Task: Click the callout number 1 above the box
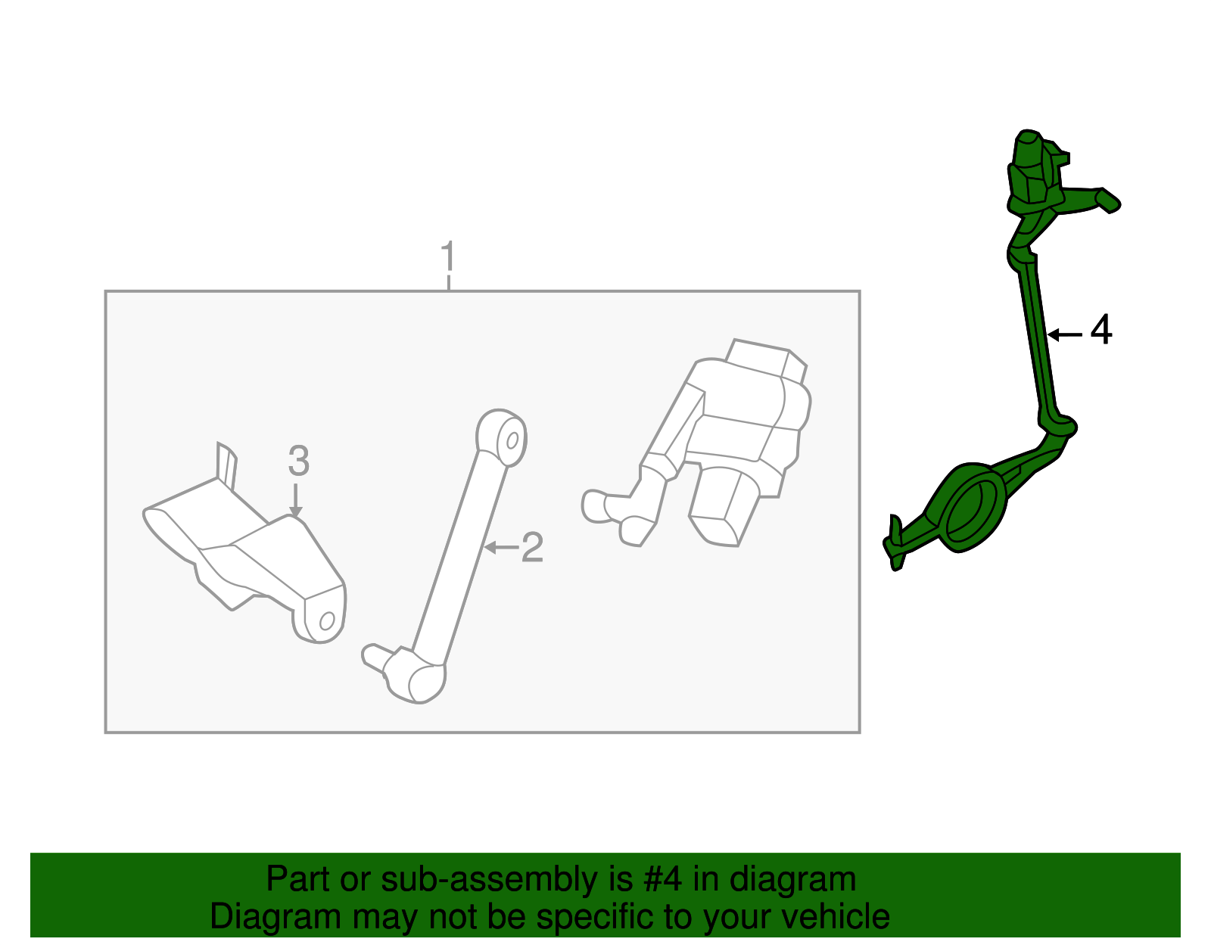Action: [448, 256]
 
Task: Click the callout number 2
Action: [532, 547]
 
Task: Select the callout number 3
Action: [299, 461]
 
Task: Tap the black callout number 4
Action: [1101, 330]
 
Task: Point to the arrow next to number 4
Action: [1064, 334]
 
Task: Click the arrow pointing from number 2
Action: [501, 548]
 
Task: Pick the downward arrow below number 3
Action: [296, 499]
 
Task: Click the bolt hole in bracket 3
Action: [326, 620]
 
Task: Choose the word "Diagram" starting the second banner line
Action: [276, 918]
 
